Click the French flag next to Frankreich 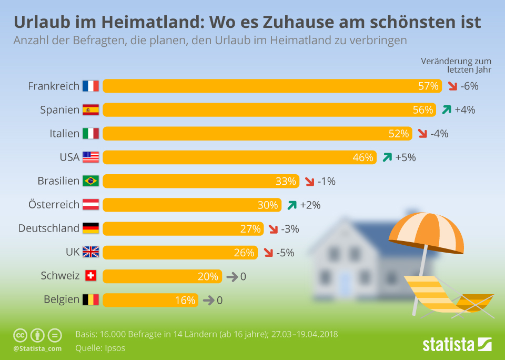click(90, 86)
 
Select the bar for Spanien click(263, 109)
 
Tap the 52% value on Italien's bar click(399, 134)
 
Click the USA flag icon click(90, 157)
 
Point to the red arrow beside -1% click(308, 182)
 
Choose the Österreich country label click(54, 204)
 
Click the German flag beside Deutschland click(90, 228)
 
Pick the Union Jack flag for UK click(90, 252)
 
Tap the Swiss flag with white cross click(90, 276)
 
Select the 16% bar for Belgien click(150, 300)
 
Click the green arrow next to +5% click(388, 157)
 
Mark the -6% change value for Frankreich click(469, 86)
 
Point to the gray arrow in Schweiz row click(231, 276)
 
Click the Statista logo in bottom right click(457, 345)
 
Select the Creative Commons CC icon click(20, 335)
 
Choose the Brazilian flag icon click(90, 181)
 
